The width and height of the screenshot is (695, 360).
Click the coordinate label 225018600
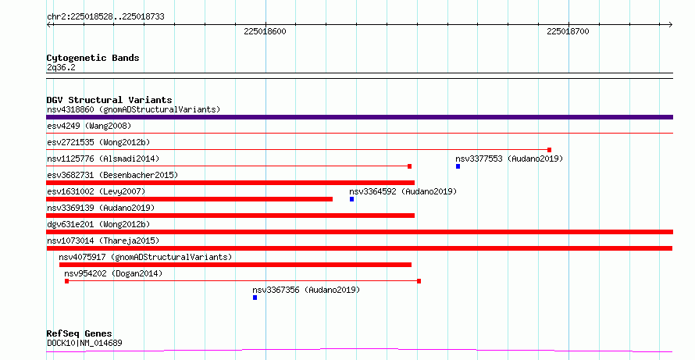click(x=265, y=31)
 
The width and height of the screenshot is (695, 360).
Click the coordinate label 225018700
click(x=568, y=31)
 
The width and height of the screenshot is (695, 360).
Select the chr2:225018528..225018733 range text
click(x=105, y=17)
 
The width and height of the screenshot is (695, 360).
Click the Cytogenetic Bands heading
click(x=93, y=58)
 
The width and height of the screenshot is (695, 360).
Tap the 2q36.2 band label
click(x=61, y=67)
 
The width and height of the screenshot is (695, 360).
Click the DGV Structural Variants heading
click(x=109, y=100)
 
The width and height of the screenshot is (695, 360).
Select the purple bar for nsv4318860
click(x=359, y=117)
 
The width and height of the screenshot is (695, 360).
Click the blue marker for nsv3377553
click(x=458, y=166)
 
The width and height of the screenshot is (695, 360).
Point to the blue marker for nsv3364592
click(x=351, y=199)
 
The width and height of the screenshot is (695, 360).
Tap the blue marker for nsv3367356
click(x=255, y=298)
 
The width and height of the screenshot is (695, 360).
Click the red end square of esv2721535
click(x=549, y=150)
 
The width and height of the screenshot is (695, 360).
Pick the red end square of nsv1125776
click(x=409, y=166)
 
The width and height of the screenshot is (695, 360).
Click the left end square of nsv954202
click(x=66, y=281)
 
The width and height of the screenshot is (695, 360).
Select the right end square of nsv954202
click(x=419, y=281)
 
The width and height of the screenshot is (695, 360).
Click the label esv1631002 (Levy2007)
click(x=96, y=191)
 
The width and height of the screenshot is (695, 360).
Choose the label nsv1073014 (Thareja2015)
click(x=103, y=241)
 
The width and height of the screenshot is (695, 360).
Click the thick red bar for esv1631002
click(x=189, y=199)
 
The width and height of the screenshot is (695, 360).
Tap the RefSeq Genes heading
click(x=80, y=333)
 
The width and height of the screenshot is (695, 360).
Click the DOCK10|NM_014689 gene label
click(x=84, y=343)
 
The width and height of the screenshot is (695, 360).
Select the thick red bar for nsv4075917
click(x=235, y=265)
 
